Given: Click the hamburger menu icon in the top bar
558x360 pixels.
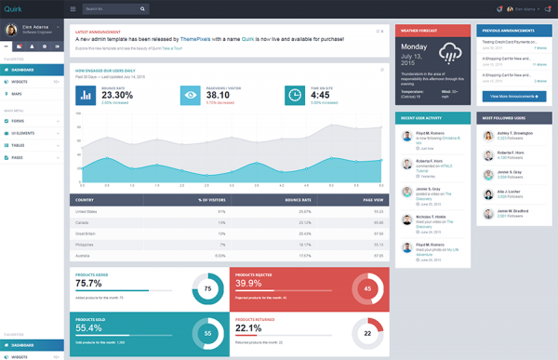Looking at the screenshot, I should (x=73, y=9).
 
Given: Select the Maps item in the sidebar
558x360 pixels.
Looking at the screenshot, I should (x=18, y=94).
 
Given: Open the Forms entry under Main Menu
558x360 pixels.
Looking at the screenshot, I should (x=19, y=120).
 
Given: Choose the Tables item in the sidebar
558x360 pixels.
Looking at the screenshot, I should (x=19, y=145).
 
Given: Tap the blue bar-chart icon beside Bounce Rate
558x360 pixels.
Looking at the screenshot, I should (x=86, y=94).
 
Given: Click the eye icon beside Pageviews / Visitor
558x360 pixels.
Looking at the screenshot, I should (x=190, y=94).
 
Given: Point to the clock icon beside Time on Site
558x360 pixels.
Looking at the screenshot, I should (x=295, y=94).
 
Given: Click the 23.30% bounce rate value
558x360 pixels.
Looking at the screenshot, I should (x=117, y=95).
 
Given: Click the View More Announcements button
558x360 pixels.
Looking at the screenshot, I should (x=514, y=96).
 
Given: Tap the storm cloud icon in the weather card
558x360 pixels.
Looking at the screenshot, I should (x=453, y=53).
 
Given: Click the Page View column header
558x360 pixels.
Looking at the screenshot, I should (x=373, y=199).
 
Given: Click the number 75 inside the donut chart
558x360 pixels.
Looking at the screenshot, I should (x=208, y=290).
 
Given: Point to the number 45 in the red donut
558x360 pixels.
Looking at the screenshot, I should (x=367, y=290).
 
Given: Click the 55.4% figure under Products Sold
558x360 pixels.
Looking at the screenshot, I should (x=89, y=328).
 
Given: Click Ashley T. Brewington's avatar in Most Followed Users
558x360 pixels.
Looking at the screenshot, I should (x=488, y=135).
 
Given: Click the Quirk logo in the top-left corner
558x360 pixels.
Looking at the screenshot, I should (x=13, y=9).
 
